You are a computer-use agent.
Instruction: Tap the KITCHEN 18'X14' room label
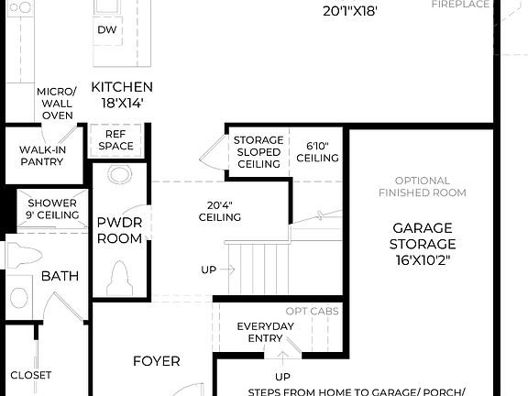tap(122, 94)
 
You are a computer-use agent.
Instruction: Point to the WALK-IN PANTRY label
tap(41, 155)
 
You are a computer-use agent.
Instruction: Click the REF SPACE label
tap(116, 139)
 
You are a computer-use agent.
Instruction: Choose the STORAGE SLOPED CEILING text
tap(258, 152)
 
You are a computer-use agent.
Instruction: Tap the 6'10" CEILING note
tap(317, 152)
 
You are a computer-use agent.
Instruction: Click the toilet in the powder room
tap(119, 274)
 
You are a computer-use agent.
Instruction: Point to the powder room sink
tap(119, 175)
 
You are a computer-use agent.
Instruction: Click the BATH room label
tap(60, 276)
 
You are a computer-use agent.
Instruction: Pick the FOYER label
tap(157, 361)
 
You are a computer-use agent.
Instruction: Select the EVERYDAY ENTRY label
tap(264, 333)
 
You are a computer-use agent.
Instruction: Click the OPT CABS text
tap(313, 312)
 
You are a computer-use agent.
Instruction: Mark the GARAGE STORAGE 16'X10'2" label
tap(423, 243)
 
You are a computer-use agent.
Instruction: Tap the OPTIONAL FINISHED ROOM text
tap(423, 186)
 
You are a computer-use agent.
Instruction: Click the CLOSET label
tap(31, 375)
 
